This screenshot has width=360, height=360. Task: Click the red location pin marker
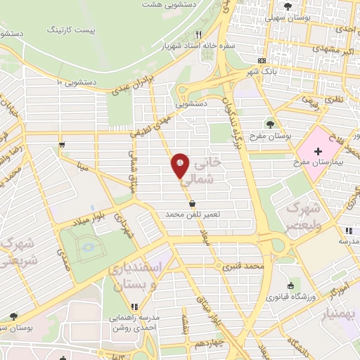pos(180,166)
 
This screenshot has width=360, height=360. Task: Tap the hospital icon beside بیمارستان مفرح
pos(319,152)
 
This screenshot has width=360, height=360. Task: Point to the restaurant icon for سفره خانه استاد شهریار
pos(200,34)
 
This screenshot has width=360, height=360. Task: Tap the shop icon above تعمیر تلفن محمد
pos(193,203)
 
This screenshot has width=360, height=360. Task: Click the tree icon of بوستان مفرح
pos(271,124)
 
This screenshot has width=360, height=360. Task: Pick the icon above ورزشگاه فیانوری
pos(291,285)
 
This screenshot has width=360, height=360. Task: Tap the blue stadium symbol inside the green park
pos(87,246)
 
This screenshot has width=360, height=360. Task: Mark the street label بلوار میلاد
pos(90,217)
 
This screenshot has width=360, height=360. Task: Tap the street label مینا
pos(82,167)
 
